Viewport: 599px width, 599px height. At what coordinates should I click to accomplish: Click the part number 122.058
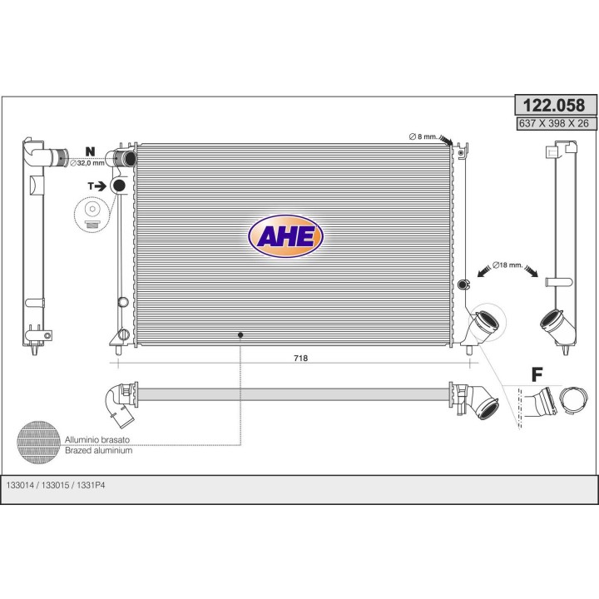[553, 105]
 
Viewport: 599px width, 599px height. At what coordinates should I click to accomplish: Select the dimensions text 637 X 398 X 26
[553, 123]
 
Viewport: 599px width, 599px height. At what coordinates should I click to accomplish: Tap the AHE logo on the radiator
[285, 236]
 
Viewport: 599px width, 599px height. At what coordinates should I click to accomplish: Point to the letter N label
[90, 151]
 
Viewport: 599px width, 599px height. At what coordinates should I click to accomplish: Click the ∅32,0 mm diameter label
[87, 163]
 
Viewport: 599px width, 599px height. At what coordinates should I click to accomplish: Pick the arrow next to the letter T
[101, 186]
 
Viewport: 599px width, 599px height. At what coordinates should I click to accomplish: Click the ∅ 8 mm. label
[423, 136]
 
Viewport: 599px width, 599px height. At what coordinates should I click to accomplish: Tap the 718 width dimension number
[300, 358]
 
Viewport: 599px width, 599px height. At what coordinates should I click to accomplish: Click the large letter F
[537, 374]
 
